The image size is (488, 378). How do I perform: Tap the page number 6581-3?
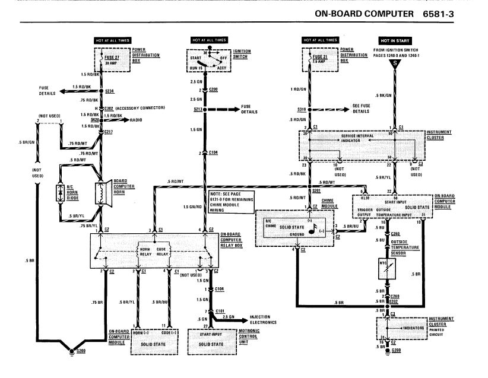tap(456, 12)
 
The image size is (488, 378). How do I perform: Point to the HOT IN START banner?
tap(394, 40)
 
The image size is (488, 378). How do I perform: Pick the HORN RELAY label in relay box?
tap(145, 252)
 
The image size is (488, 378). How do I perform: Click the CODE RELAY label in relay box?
tap(164, 252)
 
